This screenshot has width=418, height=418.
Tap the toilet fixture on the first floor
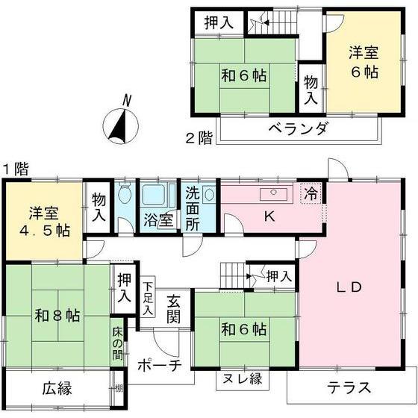point(125,191)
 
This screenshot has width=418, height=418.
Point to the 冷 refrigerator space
point(311,193)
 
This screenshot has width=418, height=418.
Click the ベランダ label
point(298,128)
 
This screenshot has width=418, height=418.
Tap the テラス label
point(349,387)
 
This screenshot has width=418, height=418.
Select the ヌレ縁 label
point(242,378)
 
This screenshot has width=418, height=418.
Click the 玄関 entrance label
point(173,310)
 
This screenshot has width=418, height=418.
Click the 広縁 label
point(57,388)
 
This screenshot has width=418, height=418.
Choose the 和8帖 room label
point(57,315)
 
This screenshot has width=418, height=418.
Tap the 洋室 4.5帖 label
point(45,222)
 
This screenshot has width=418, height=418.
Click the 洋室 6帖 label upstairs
point(364,62)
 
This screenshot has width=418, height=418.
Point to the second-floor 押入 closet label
point(219,22)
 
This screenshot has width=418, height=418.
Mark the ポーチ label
point(160,366)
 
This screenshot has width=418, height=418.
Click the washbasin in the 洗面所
point(210,194)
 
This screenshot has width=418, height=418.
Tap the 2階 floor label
point(199,138)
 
